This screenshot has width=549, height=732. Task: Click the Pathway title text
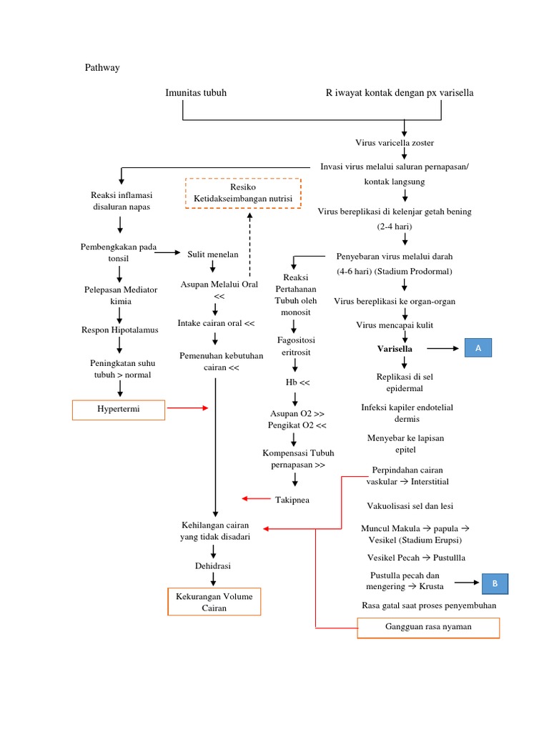coord(103,68)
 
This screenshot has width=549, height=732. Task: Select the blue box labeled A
coord(478,348)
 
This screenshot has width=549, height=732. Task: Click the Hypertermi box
coord(119,410)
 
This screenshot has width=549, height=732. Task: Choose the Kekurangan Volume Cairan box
coord(214,602)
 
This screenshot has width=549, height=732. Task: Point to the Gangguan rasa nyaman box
coord(428,628)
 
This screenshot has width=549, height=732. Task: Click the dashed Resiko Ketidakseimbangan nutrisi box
coord(243,193)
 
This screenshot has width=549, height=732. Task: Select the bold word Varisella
coord(395,349)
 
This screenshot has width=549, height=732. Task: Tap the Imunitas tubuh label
coord(197,93)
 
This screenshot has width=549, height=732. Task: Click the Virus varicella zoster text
coord(404,143)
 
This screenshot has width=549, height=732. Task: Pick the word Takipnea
coord(292,500)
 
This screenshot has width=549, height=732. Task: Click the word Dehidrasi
coord(213,565)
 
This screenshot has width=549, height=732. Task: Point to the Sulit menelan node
coord(213,254)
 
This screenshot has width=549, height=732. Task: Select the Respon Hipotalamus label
coord(120,330)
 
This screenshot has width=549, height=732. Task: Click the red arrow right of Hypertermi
coord(187,408)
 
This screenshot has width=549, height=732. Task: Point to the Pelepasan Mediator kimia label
coord(120,295)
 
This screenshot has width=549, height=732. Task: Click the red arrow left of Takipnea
coord(256,498)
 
